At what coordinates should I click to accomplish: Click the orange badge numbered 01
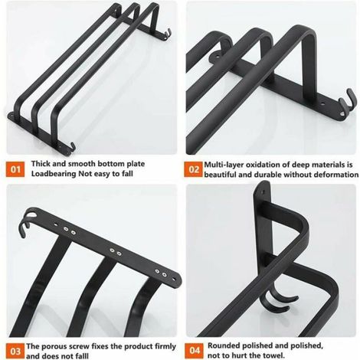pos(15,169)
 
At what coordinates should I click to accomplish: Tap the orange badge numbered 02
pos(194,169)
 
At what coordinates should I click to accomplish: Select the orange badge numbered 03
pos(15,352)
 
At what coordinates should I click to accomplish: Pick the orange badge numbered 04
pos(195,351)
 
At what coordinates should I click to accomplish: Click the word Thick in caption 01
pos(41,164)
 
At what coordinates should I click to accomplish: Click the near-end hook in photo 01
pos(72,146)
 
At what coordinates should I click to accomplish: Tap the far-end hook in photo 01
pos(168,34)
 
